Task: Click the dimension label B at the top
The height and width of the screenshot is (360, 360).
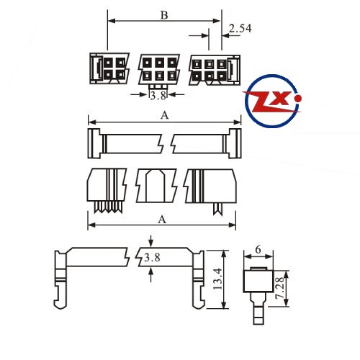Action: (164, 15)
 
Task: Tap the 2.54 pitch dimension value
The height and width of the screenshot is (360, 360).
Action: (240, 28)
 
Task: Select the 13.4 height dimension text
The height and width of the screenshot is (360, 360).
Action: (218, 279)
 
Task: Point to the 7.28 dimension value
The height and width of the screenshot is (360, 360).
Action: (279, 288)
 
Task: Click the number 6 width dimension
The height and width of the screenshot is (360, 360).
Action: (258, 250)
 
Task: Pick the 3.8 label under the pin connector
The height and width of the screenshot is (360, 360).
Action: (158, 96)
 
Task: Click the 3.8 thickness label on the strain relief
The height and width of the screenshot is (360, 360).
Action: (152, 258)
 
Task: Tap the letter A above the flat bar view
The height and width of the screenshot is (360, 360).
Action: (164, 116)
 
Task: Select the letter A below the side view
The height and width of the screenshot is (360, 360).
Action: (162, 220)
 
